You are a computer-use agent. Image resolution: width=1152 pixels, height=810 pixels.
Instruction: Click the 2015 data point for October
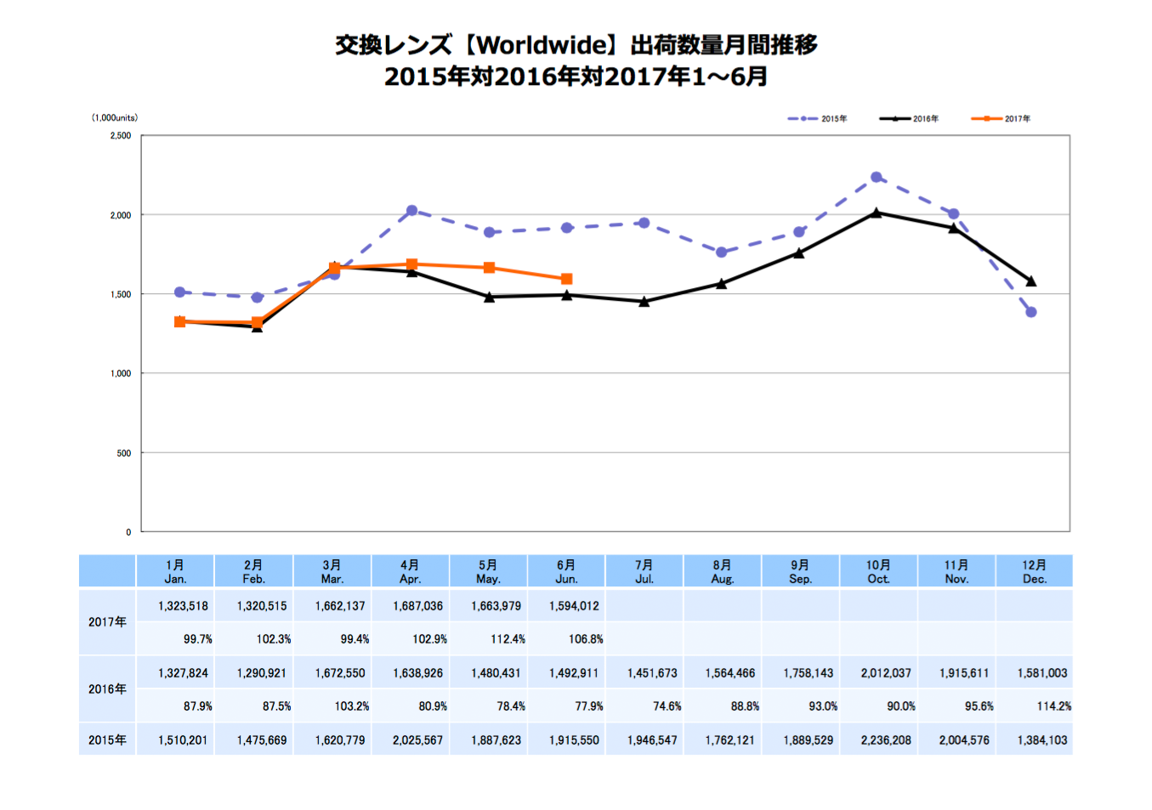[x=876, y=178]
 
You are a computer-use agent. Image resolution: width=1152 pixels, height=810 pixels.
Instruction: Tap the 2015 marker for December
[x=1030, y=312]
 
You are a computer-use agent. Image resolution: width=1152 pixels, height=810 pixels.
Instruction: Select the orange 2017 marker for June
[x=566, y=279]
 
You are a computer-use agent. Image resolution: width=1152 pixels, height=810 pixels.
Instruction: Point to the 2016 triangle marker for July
[x=644, y=302]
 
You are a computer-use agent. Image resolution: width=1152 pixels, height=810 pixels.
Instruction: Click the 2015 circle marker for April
[x=411, y=211]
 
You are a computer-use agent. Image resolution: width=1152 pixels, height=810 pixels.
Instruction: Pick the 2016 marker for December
[x=1030, y=281]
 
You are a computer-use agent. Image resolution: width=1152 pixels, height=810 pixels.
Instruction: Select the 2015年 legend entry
[x=818, y=119]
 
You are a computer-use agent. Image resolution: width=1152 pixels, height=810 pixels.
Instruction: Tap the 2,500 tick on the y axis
[x=121, y=136]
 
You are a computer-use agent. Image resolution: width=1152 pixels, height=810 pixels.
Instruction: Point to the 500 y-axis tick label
[x=124, y=453]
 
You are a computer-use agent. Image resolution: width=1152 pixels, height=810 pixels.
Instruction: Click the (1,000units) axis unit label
[x=115, y=118]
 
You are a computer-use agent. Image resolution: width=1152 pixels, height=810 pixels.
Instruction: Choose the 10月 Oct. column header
[x=878, y=571]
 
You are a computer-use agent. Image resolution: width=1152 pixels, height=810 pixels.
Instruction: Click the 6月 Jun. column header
[x=566, y=571]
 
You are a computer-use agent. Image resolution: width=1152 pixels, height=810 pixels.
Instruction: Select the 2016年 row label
[x=107, y=689]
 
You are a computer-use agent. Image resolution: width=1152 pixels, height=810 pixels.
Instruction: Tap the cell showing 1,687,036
[x=417, y=606]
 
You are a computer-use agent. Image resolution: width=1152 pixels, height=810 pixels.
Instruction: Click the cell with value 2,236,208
[x=885, y=740]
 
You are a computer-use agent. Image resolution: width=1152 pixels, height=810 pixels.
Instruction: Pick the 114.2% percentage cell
[x=1053, y=706]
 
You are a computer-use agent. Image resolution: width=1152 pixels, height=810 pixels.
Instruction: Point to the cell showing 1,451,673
[x=652, y=673]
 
